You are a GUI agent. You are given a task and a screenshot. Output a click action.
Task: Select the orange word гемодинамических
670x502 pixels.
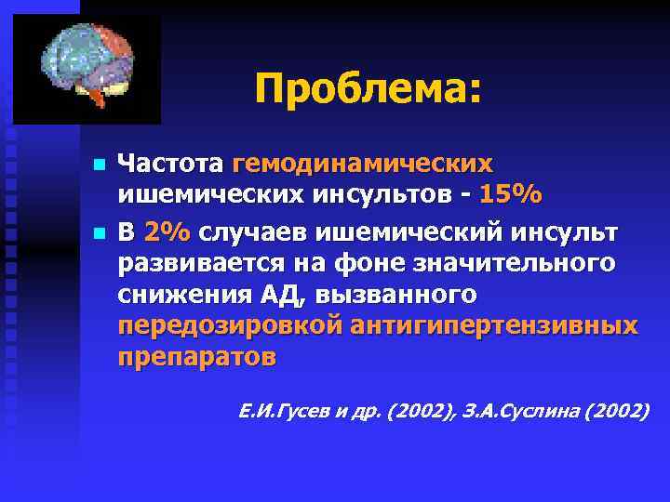[x=363, y=164]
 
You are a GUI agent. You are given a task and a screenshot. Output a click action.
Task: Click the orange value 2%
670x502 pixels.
[x=167, y=229]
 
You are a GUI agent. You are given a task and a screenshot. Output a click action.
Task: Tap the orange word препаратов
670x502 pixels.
[x=196, y=359]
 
